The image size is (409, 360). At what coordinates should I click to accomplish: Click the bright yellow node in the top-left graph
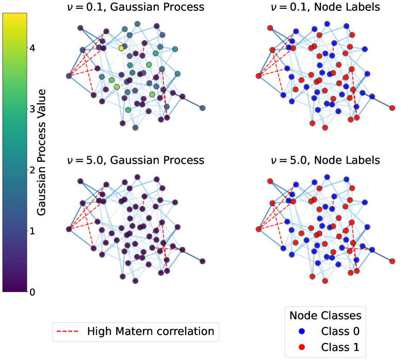pos(121,48)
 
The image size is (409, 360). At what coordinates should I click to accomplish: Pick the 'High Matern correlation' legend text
pos(151,331)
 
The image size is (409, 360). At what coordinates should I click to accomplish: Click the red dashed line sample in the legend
pos(69,331)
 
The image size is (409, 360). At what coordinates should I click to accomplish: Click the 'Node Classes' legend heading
pos(325,315)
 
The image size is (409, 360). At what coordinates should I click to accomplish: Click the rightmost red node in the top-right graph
pos(392,108)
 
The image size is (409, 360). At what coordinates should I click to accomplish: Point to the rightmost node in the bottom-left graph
pos(202,261)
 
